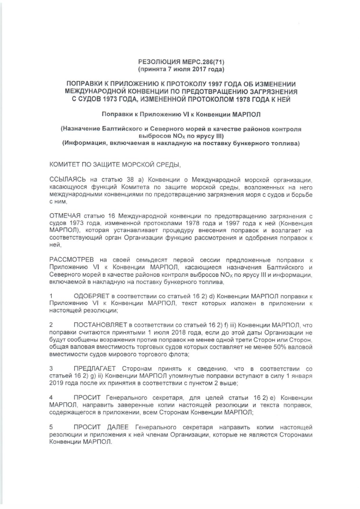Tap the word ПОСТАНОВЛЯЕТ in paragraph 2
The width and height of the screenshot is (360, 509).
(x=101, y=326)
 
